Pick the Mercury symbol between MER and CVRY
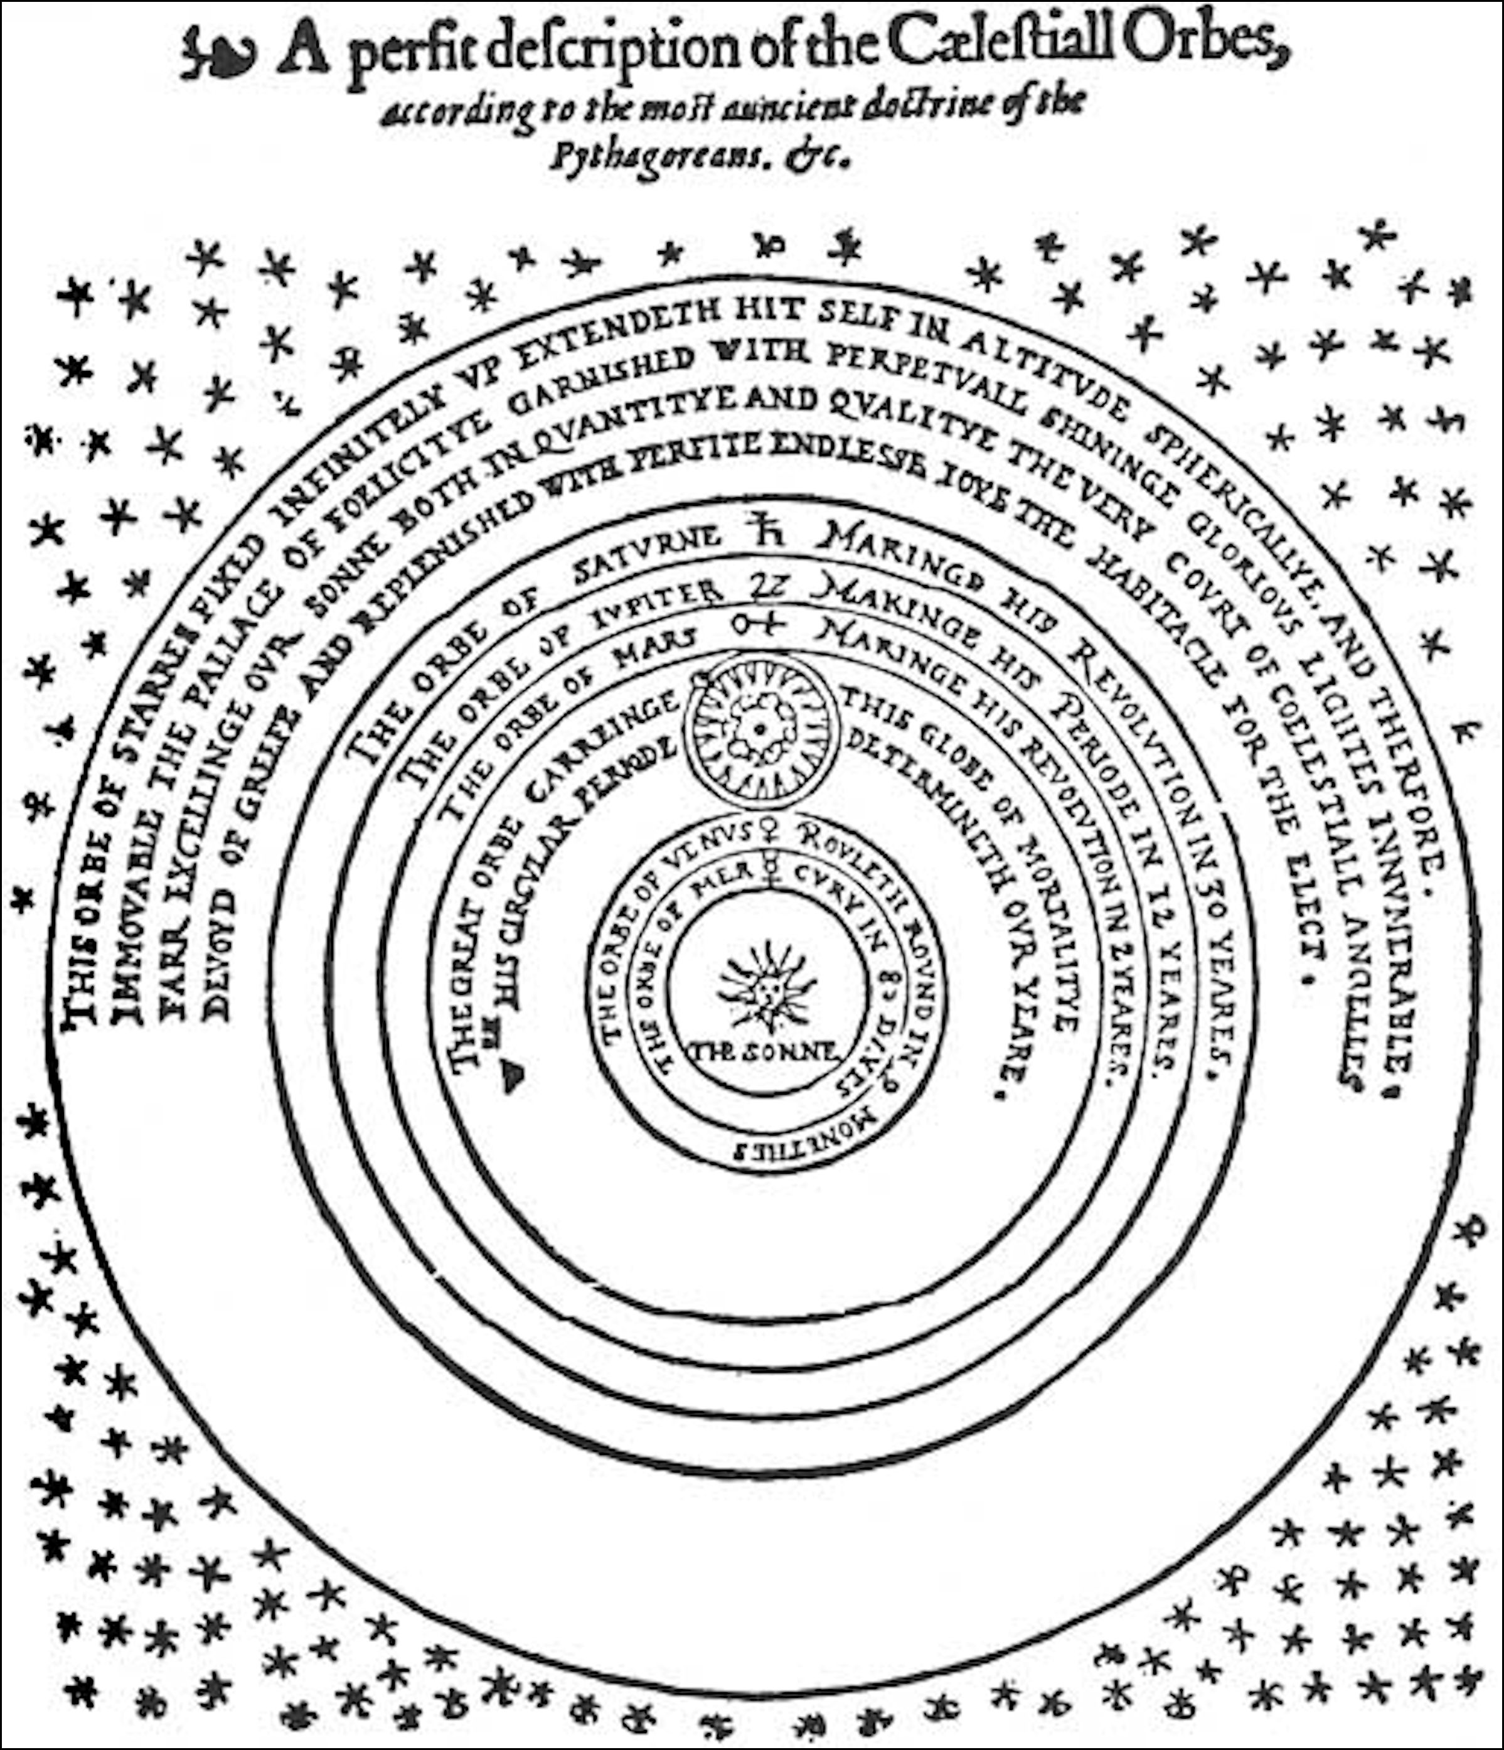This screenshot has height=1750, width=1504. (x=770, y=870)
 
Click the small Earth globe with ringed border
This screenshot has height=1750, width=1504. (x=760, y=730)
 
